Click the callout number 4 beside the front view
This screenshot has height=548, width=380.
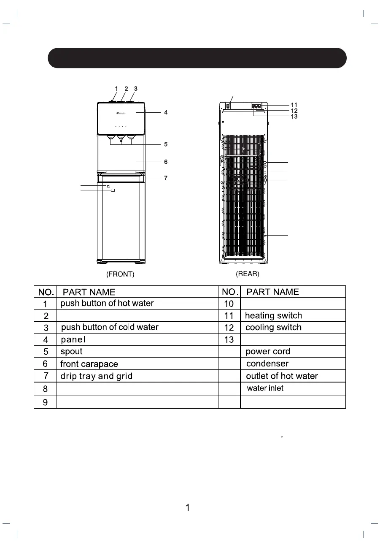[x=166, y=113]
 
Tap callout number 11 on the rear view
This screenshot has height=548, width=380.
[x=294, y=105]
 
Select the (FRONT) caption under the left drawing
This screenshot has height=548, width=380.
[x=120, y=274]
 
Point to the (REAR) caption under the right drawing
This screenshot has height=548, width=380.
[x=248, y=274]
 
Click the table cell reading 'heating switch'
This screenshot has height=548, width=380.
[x=273, y=316]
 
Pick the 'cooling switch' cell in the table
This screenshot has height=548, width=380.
[x=273, y=328]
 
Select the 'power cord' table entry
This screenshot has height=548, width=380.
[x=268, y=352]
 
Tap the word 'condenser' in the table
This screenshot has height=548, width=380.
[x=267, y=364]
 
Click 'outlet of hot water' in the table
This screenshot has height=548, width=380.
[x=282, y=376]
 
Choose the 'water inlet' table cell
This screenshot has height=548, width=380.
[x=265, y=388]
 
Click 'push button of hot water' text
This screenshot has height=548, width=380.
[x=107, y=304]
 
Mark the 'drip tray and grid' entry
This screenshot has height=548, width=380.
[x=97, y=376]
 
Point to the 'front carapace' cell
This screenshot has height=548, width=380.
[x=89, y=364]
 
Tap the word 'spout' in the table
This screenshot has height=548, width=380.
[x=72, y=352]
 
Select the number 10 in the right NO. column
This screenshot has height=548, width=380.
[x=229, y=304]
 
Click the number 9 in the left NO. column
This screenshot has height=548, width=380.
[x=46, y=402]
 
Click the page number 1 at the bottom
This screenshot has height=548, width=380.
[x=188, y=508]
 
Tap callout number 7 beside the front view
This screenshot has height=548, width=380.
[x=166, y=178]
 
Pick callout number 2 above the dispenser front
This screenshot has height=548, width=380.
[x=126, y=89]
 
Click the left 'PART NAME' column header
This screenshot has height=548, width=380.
[x=89, y=292]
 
